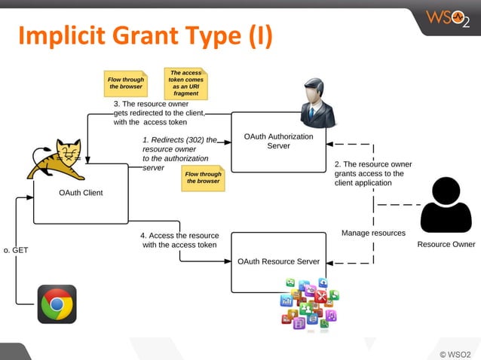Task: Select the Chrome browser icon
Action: [x=57, y=304]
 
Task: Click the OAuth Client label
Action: [x=81, y=193]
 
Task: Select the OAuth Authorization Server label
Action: [x=279, y=141]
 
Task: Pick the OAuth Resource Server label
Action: [x=278, y=261]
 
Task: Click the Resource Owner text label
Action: [x=446, y=244]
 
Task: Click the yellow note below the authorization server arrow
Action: [x=204, y=178]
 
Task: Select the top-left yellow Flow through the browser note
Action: [x=126, y=83]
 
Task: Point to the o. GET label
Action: [x=16, y=249]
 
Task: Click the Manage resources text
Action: [x=373, y=233]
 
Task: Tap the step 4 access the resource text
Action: [x=179, y=239]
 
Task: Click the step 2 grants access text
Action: [x=373, y=173]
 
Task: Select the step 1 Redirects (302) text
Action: [x=179, y=154]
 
